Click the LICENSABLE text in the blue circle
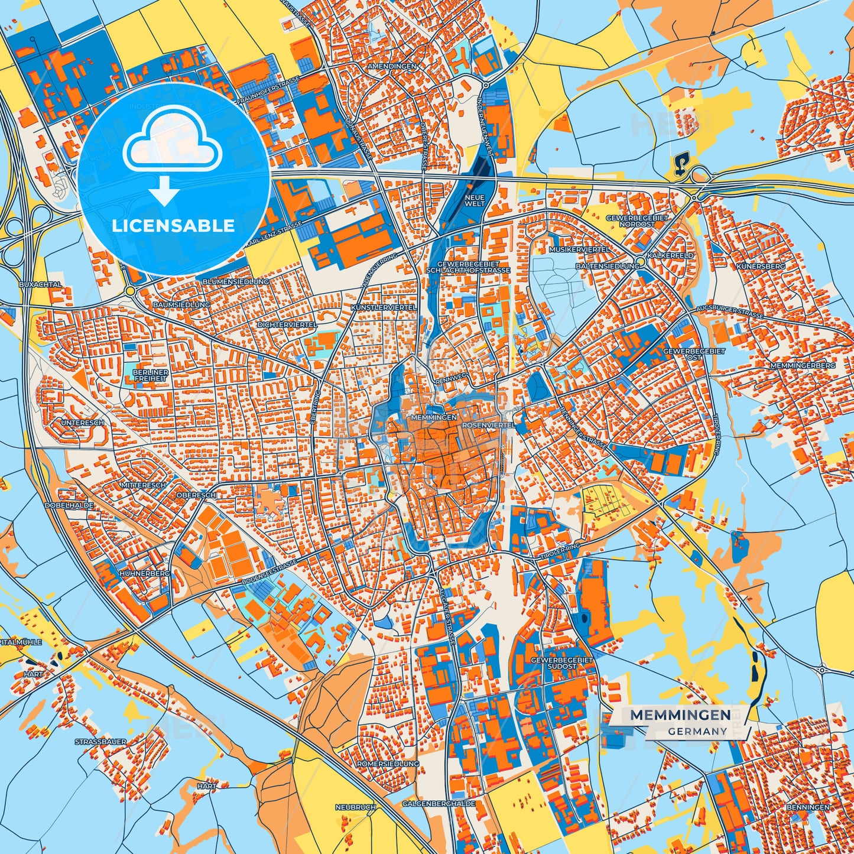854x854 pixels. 173,226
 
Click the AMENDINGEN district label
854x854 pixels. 392,66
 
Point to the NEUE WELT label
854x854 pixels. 475,200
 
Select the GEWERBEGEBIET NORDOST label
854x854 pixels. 637,221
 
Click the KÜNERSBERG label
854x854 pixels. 761,267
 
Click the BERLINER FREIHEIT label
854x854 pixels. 151,375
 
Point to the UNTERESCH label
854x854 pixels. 83,423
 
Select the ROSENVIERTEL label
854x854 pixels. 488,425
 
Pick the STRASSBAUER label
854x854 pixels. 100,741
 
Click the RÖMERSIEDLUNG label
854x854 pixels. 388,764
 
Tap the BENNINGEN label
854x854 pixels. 808,807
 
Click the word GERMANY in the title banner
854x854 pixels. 697,731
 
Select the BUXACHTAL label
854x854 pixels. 40,284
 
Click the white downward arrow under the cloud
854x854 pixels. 164,190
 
